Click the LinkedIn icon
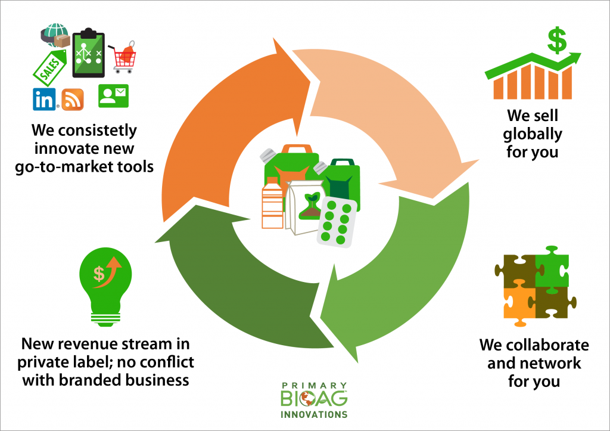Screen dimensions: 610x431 [44, 99]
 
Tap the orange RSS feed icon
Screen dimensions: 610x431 [72, 99]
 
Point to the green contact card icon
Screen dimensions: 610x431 [113, 95]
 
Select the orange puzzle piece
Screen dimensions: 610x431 [518, 302]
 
